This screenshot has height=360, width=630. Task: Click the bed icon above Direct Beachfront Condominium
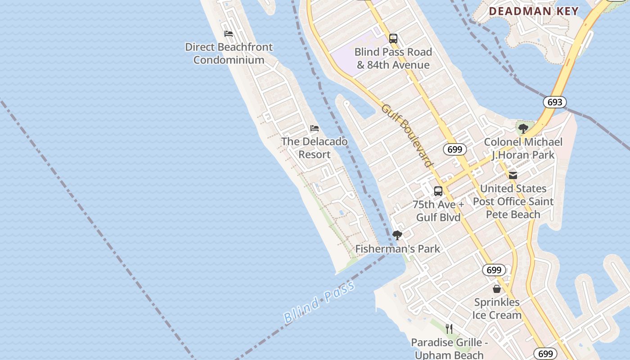pos(229,34)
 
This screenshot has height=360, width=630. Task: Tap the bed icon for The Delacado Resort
pos(315,129)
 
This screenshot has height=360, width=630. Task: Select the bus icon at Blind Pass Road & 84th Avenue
pos(393,39)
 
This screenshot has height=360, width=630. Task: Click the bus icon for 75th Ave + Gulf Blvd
pos(438,191)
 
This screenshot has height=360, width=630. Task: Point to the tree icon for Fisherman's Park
pos(397,235)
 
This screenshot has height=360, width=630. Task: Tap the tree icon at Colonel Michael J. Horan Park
pos(523,129)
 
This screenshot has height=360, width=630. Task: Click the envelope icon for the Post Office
pos(513,175)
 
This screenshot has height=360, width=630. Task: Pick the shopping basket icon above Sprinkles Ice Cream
pos(497,289)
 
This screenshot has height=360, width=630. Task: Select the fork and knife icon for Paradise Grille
pos(449,329)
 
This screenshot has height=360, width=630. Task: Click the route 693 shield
pos(554,102)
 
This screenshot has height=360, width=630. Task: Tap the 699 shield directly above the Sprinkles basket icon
pos(494,270)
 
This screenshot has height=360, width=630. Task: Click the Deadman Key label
pos(534,11)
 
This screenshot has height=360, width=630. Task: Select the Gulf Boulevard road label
pos(407,135)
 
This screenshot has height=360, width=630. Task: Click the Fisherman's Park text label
pos(398,249)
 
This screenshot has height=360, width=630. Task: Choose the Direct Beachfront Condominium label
pos(229,54)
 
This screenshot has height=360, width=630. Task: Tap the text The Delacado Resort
pos(315,148)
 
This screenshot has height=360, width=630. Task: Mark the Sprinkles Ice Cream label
pos(497,309)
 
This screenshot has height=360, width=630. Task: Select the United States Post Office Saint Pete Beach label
pos(513,201)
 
